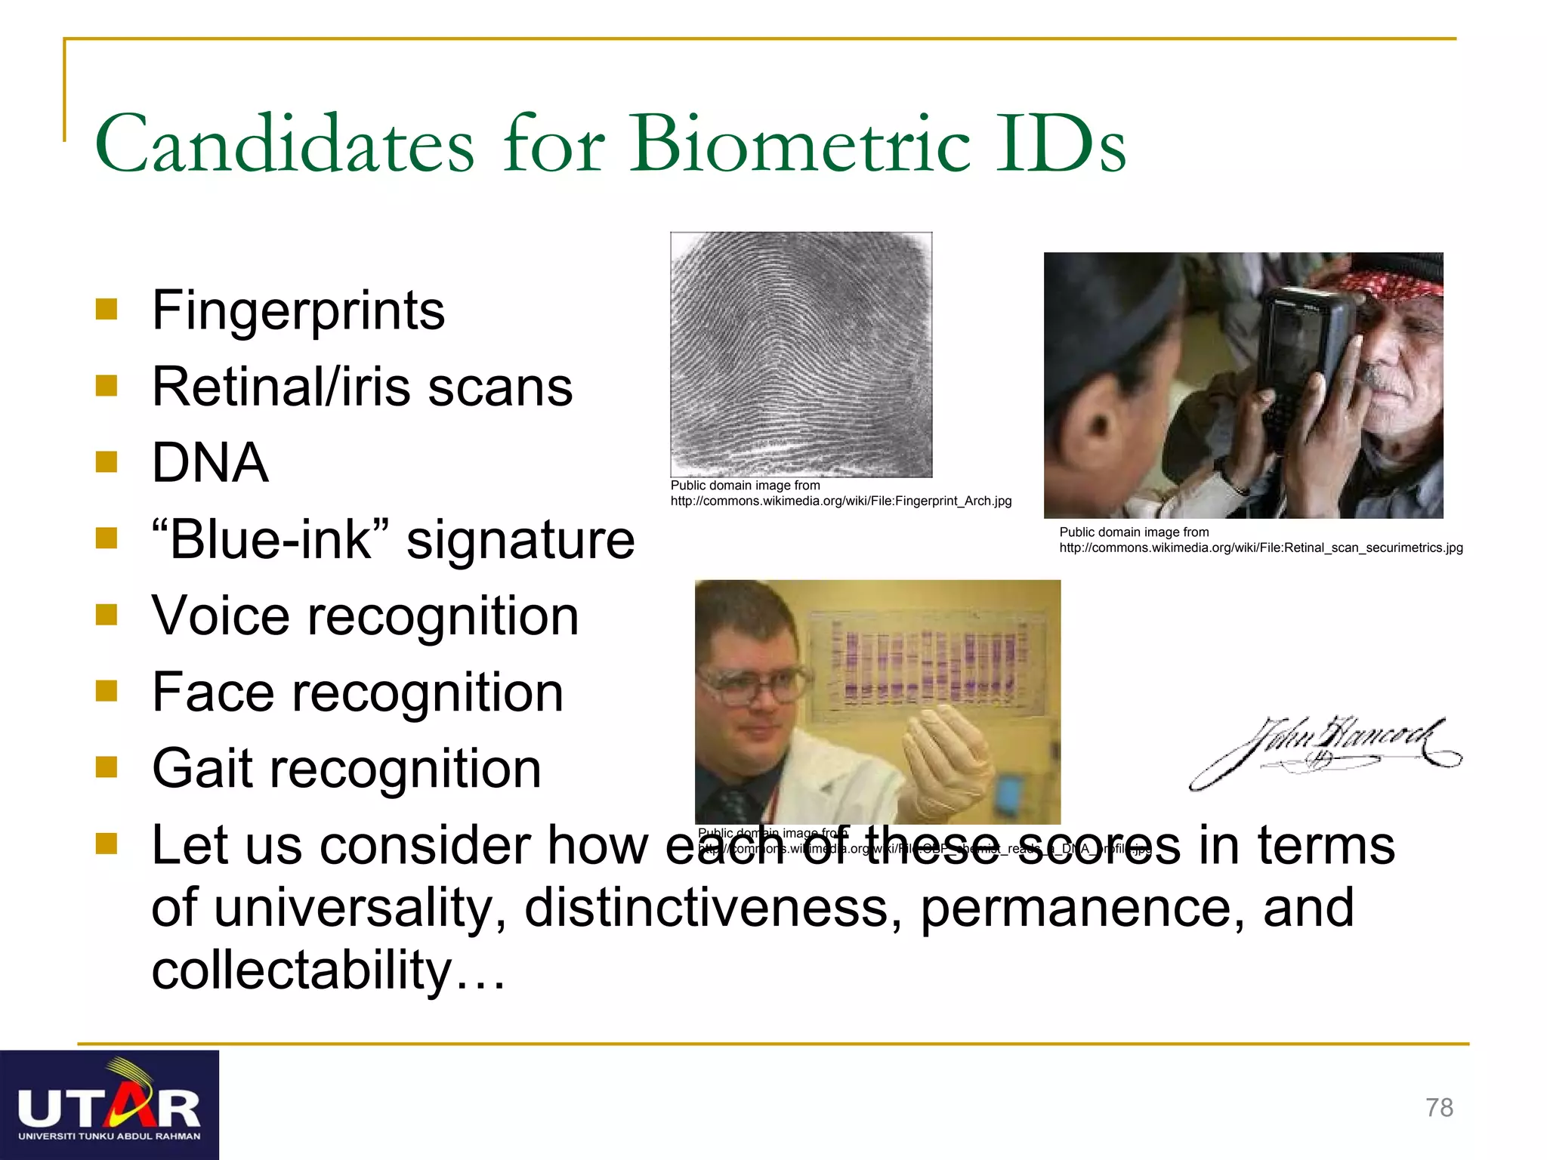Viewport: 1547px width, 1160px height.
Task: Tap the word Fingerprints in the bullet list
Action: click(298, 310)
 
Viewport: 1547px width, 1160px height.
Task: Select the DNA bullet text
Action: click(210, 462)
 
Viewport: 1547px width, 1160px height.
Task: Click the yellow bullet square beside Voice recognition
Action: click(107, 615)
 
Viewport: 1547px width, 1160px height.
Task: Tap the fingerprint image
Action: click(801, 354)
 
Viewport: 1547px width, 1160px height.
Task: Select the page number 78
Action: click(1439, 1107)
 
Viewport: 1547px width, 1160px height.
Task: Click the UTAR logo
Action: click(110, 1105)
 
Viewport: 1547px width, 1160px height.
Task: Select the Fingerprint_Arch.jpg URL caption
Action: click(841, 501)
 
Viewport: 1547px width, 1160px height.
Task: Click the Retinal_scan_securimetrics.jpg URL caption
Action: click(1261, 548)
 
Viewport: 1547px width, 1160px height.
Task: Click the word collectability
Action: click(302, 970)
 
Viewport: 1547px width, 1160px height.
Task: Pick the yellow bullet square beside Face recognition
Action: click(107, 691)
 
